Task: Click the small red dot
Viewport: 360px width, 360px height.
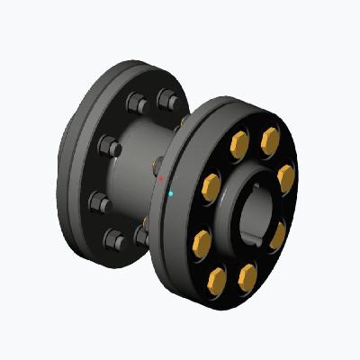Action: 161,179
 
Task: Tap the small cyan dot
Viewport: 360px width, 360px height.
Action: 171,193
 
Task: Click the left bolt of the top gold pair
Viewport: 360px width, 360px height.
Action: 239,141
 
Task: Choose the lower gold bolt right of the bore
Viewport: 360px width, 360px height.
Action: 277,236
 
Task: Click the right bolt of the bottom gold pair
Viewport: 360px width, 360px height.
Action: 247,278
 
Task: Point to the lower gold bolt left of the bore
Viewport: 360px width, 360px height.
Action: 202,242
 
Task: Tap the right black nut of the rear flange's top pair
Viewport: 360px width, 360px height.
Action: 166,99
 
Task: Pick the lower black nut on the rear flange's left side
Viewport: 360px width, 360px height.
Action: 102,203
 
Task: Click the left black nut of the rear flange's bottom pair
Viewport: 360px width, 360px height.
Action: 114,240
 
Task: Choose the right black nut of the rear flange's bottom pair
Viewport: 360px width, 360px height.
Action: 142,236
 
